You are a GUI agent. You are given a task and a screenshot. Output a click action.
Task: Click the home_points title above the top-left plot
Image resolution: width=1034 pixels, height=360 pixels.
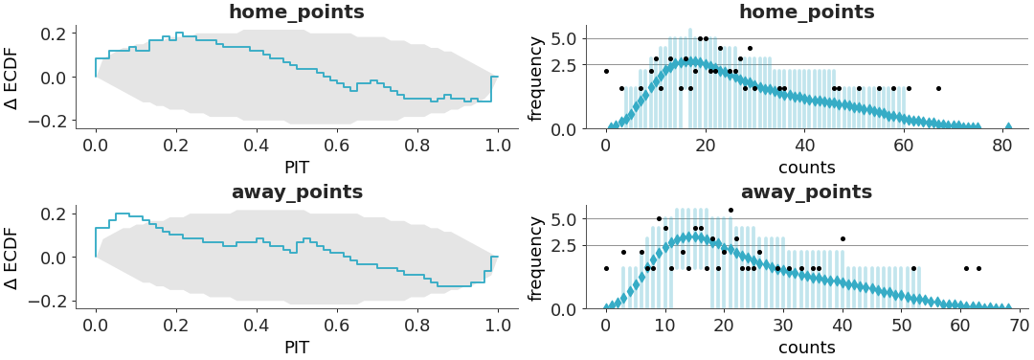[x=296, y=12]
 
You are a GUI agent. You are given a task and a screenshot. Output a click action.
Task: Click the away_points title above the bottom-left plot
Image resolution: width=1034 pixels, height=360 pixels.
[x=297, y=191]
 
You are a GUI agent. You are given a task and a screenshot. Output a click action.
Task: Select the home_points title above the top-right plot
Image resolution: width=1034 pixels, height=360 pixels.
[x=806, y=12]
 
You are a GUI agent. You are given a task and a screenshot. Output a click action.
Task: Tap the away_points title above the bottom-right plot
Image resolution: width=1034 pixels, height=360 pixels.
[x=806, y=191]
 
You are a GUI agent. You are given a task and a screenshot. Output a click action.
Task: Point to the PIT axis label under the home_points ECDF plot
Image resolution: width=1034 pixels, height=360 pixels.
[x=296, y=168]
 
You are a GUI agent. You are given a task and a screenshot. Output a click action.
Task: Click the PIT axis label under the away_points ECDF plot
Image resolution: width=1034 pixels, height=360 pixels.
[x=296, y=348]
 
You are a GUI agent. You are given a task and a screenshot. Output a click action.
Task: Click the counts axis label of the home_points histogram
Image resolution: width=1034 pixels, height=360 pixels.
[x=806, y=168]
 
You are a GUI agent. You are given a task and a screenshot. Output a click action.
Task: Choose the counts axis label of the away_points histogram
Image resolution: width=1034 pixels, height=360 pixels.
[x=806, y=348]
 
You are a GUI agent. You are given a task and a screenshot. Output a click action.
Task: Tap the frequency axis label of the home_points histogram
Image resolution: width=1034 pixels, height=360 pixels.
[x=536, y=79]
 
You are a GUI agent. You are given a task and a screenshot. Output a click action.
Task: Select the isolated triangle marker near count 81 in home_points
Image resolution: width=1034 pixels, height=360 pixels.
[x=1009, y=125]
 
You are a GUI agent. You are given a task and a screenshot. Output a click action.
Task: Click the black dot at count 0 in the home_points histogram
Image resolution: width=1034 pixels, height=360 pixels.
[x=606, y=71]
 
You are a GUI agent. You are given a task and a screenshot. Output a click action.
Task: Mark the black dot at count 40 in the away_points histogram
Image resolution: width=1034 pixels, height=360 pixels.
[x=843, y=238]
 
